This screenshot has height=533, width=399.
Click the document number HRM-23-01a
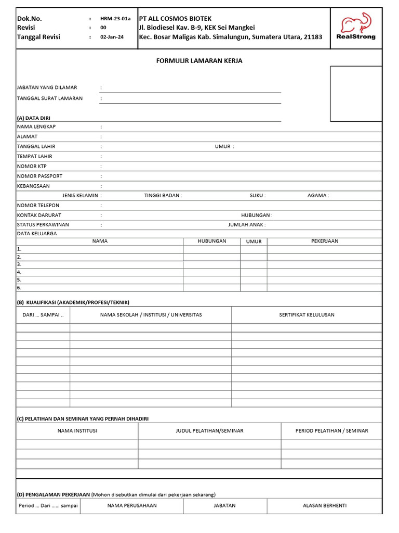point(115,18)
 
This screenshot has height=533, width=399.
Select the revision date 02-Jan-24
point(112,37)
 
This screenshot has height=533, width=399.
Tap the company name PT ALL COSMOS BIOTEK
point(175,18)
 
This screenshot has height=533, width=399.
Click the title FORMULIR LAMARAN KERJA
point(199,61)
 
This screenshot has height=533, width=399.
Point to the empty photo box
point(356,94)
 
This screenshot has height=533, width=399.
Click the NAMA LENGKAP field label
point(36,126)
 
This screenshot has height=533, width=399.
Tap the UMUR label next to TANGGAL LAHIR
point(223,146)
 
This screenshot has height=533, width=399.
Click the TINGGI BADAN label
point(162,196)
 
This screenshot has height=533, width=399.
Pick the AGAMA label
point(317,196)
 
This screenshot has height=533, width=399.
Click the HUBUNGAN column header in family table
point(211,241)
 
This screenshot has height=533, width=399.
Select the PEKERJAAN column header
point(324,241)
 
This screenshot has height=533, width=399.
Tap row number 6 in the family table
point(19,287)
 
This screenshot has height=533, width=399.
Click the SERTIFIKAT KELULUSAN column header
point(307,315)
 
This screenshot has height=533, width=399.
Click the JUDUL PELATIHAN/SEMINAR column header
point(209,431)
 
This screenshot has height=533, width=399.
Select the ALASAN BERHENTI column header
point(324,505)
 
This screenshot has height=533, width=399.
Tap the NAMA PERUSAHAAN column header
point(132,505)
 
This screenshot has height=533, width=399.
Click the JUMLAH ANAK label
point(246,225)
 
